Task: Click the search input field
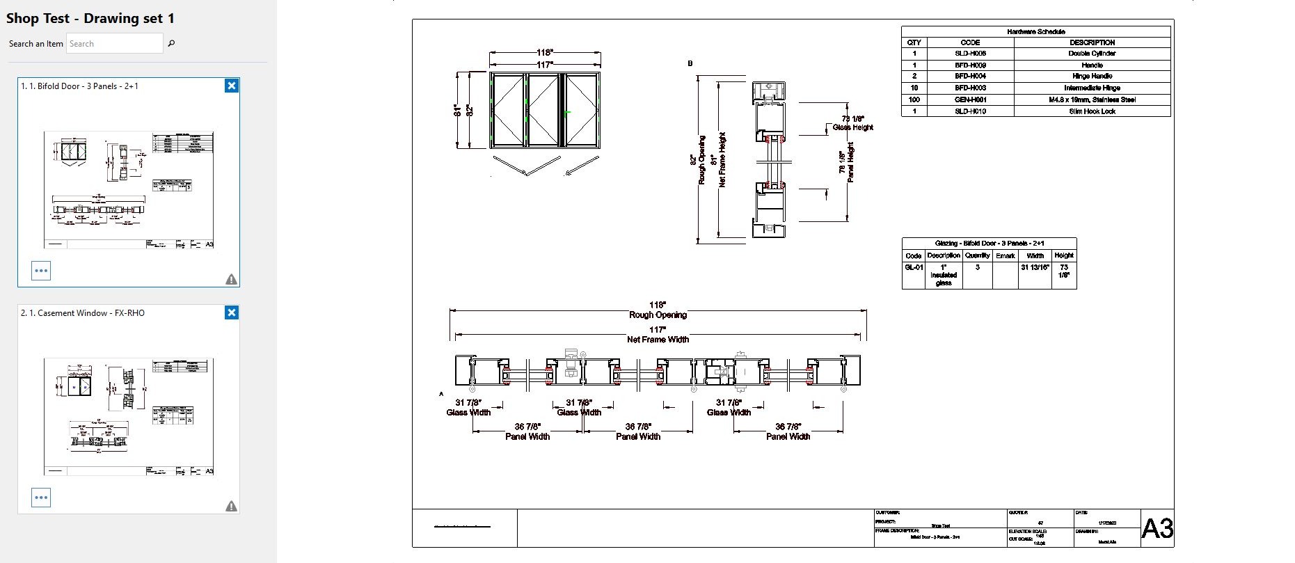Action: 115,43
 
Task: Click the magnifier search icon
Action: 171,43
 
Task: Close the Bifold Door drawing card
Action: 232,86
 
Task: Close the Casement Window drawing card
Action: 232,312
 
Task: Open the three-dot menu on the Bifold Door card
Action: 41,271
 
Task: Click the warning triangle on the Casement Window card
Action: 232,506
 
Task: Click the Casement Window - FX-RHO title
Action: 83,313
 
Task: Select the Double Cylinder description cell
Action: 1092,54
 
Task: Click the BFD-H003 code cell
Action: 970,88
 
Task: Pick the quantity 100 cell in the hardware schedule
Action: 914,100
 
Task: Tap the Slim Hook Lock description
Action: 1092,111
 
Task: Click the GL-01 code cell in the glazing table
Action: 914,267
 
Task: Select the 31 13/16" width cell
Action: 1035,267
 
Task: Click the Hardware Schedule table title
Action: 1035,31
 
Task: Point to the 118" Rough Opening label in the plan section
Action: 658,310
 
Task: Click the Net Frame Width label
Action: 658,339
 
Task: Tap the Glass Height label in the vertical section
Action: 852,127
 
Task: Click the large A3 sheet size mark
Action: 1157,529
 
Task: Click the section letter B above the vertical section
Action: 690,63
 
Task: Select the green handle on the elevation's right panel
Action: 568,112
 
